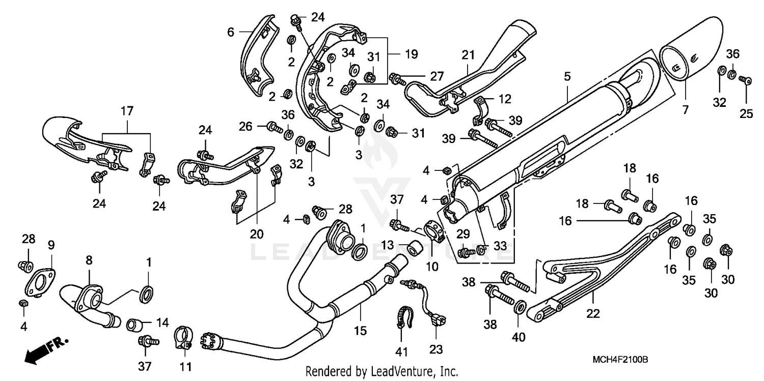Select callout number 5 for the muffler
[567, 77]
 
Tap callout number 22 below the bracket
[592, 315]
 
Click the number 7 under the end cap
[685, 110]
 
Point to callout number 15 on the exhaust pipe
[360, 331]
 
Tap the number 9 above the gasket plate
[51, 244]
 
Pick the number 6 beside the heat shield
[231, 32]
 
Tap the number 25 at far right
[746, 114]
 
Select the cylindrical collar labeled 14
[134, 324]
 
